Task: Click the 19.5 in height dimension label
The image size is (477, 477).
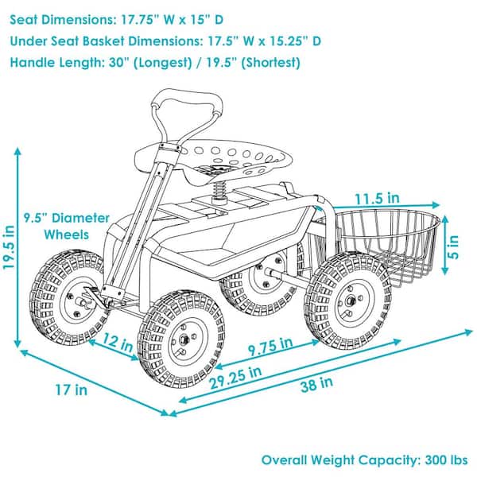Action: click(x=9, y=246)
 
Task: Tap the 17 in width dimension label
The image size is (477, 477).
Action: click(x=72, y=390)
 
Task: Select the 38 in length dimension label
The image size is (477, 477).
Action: click(x=316, y=384)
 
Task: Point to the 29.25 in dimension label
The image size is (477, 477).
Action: click(x=235, y=377)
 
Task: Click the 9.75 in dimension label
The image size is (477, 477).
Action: click(x=270, y=346)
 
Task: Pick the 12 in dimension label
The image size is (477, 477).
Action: click(x=117, y=342)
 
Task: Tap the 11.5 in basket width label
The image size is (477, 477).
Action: click(x=377, y=198)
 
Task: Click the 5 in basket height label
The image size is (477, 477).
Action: click(x=453, y=246)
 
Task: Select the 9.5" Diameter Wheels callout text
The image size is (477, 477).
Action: click(x=67, y=227)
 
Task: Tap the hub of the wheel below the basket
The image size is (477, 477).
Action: click(x=351, y=301)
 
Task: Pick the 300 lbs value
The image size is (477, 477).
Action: click(x=446, y=460)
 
